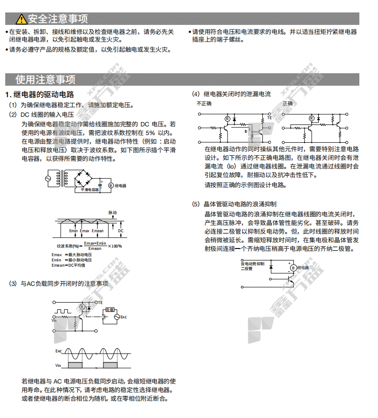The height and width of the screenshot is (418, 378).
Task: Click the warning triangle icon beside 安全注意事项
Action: point(21,19)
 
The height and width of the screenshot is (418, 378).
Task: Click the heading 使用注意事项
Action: point(45,79)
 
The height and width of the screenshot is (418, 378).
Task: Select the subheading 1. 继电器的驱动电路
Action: point(39,94)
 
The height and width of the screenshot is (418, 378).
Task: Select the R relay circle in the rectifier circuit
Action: point(110,185)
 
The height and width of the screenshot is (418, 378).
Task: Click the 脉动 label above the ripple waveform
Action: point(112,212)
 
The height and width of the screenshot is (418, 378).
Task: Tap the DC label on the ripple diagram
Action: point(120,230)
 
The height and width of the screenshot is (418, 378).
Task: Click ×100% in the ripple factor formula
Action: point(115,246)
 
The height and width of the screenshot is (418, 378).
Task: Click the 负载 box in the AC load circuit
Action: point(109,310)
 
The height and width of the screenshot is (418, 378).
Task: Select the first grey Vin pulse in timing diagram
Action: point(76,365)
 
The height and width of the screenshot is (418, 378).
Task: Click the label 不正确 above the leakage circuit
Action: point(204,103)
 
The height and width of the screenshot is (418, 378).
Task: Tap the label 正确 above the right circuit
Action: point(288,103)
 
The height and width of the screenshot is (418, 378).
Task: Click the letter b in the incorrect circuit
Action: point(246,131)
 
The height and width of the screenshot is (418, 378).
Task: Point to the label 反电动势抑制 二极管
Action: point(252,266)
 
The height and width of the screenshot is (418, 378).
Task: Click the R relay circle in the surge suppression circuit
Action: point(293,268)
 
